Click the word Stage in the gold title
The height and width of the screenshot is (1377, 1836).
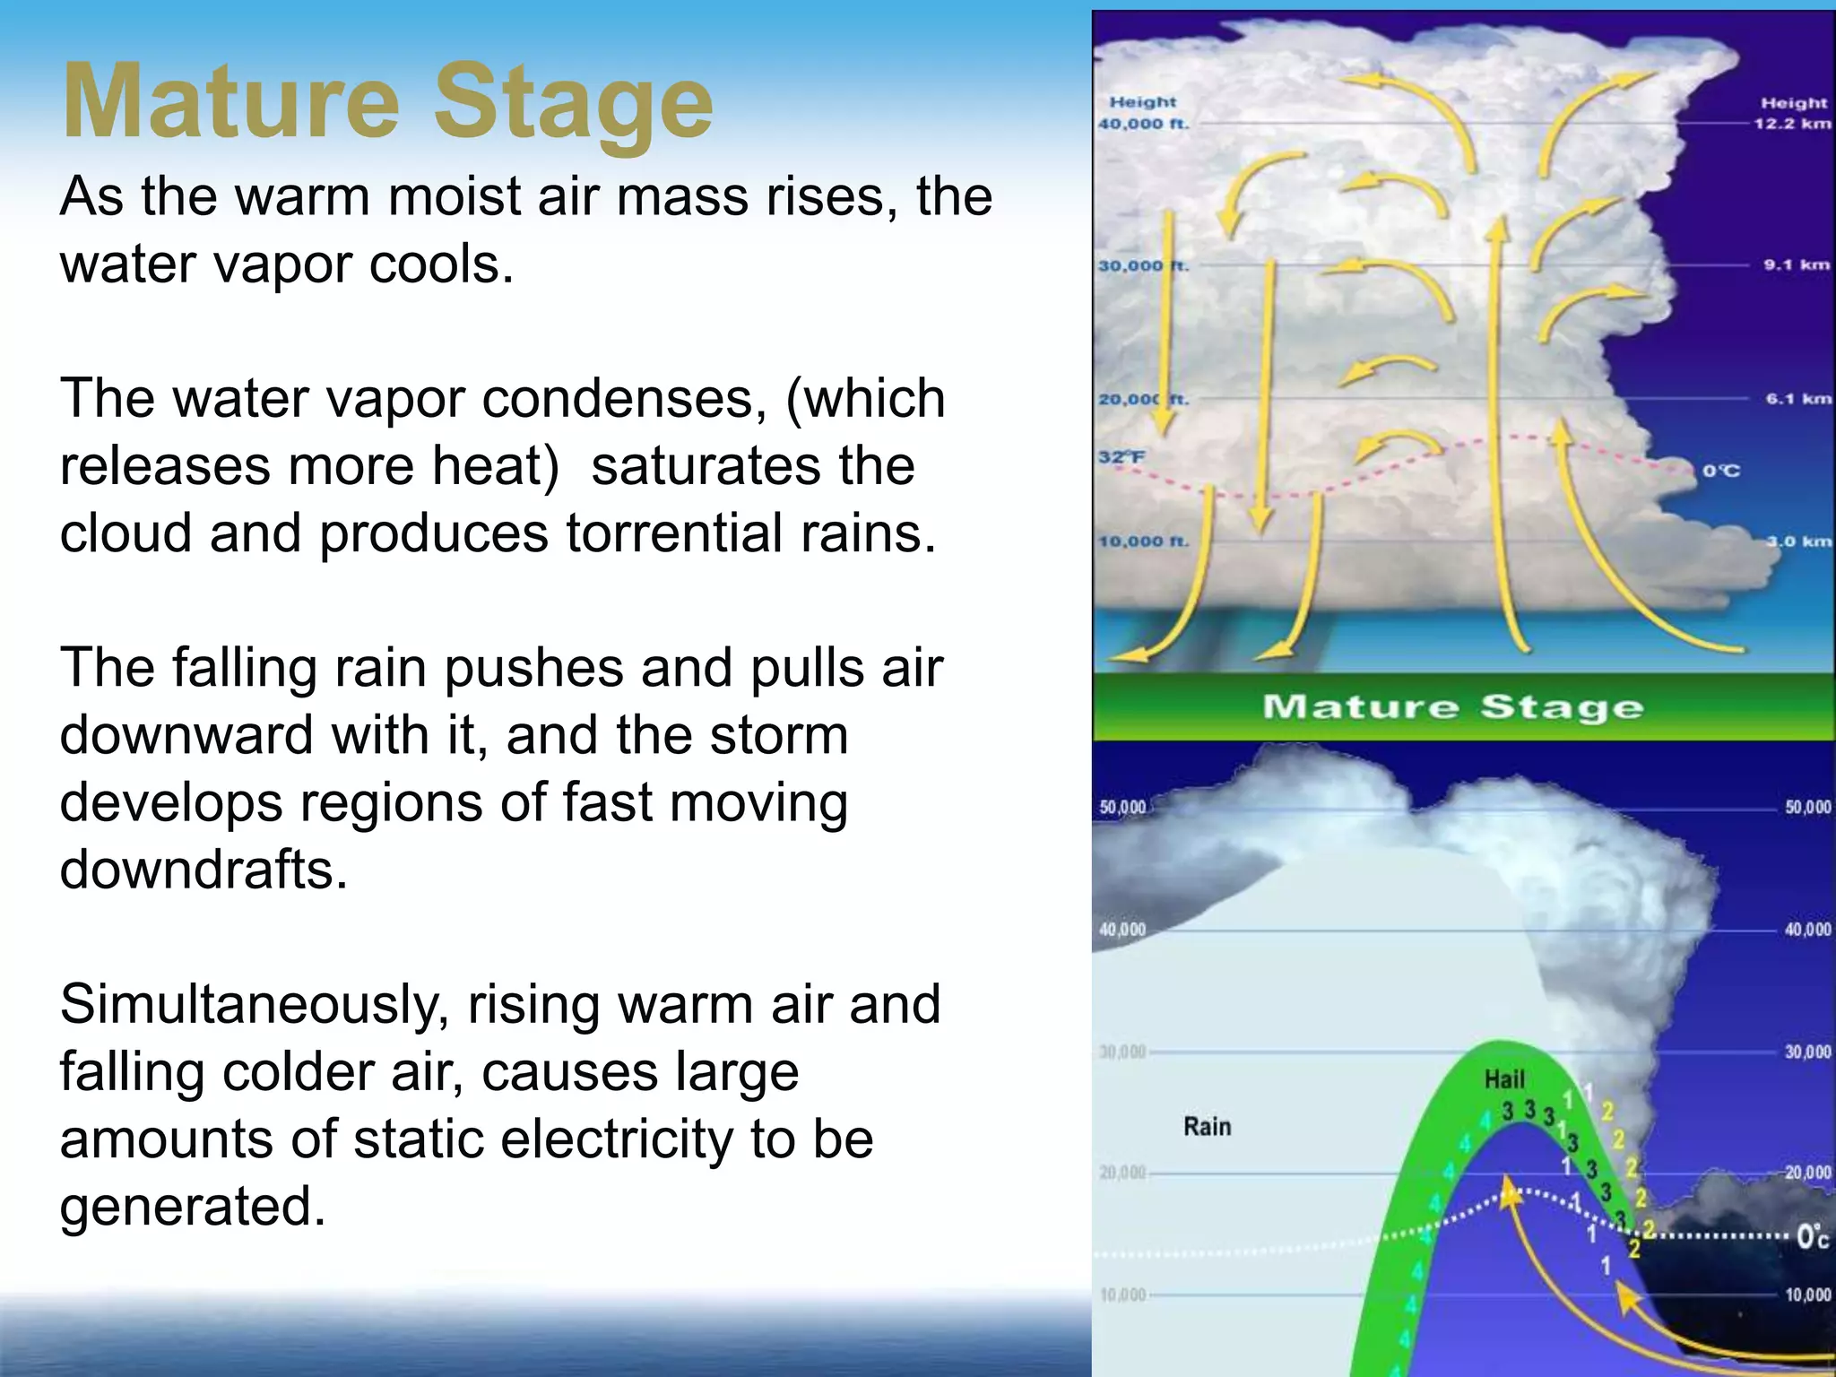pos(573,103)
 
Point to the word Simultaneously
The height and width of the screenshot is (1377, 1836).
pos(254,1004)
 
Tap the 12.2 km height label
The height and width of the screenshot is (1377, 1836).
pos(1792,124)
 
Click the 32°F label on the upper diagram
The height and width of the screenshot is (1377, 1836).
pos(1122,457)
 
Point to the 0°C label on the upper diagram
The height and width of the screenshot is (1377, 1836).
pos(1721,471)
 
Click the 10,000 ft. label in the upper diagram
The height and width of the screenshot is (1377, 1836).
pos(1144,541)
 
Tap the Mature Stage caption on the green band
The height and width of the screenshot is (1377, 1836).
pos(1452,707)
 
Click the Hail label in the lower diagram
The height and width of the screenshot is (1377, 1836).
pos(1504,1079)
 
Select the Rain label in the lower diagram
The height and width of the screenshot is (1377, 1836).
pos(1208,1127)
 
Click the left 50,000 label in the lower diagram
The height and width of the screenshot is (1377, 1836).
pos(1122,807)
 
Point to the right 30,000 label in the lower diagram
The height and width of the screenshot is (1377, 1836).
pos(1807,1052)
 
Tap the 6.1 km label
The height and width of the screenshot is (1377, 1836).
pos(1797,399)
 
